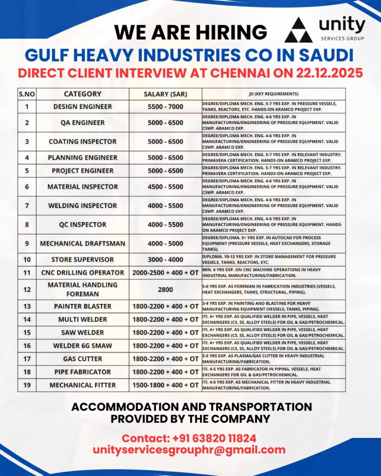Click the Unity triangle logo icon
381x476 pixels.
point(299,30)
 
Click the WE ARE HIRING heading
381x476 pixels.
point(191,32)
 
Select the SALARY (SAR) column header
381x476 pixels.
point(165,94)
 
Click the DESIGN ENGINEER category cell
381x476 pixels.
point(82,106)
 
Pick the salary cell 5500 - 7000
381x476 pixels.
point(165,106)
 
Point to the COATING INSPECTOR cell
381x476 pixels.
point(82,141)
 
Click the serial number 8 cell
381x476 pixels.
point(27,225)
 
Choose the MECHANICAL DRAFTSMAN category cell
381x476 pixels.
point(82,243)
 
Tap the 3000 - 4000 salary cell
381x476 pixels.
point(165,259)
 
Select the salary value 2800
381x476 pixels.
point(165,290)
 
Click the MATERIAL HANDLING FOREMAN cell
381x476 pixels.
point(82,289)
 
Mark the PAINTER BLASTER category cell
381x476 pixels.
point(82,306)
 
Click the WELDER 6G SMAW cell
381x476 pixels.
point(82,345)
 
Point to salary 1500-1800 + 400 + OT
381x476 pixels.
point(165,385)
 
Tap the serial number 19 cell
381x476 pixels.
point(27,385)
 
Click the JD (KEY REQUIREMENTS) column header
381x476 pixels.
point(274,94)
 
